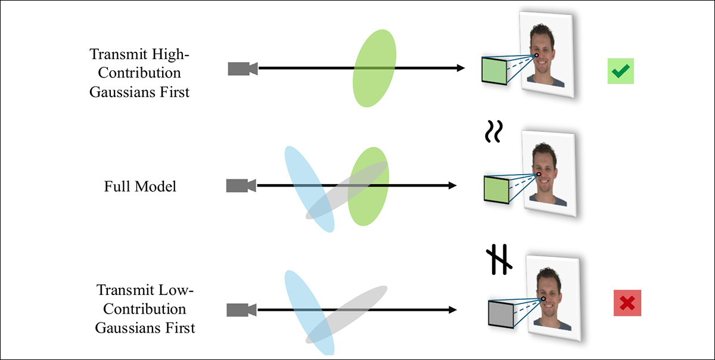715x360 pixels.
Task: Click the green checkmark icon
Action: tap(620, 72)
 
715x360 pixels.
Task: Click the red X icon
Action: tap(627, 303)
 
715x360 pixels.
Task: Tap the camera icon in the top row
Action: tap(243, 69)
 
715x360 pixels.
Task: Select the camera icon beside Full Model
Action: tap(241, 186)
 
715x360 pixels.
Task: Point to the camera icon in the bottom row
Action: tap(241, 310)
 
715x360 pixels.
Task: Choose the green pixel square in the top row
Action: tap(494, 71)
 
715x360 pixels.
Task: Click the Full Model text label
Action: tap(140, 187)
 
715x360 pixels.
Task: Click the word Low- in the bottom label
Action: tap(179, 291)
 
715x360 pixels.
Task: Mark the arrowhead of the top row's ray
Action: tap(460, 69)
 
